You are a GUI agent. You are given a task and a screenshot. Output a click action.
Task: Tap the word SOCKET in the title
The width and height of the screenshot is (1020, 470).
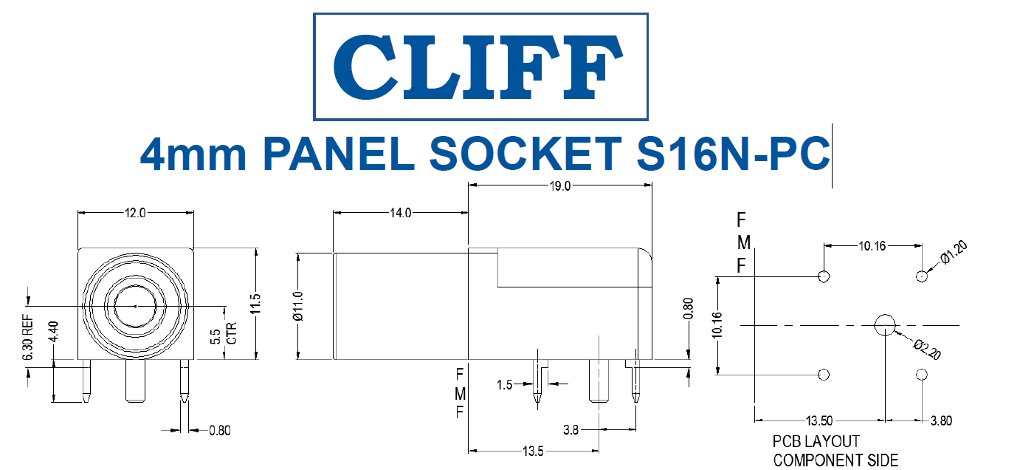tap(523, 154)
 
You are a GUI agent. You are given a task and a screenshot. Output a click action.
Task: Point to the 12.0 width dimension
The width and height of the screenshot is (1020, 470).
tap(136, 213)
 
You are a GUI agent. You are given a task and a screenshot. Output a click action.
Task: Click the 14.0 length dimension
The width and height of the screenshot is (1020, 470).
tap(400, 213)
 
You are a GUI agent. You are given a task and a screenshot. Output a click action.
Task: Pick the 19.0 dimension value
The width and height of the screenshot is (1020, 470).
tap(560, 186)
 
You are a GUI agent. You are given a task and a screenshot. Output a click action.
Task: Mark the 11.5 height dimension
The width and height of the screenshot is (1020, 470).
tap(255, 304)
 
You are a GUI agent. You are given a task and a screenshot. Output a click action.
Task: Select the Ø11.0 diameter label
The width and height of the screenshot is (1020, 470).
tap(299, 306)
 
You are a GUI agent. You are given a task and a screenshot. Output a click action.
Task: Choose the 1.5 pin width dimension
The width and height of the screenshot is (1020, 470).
tap(505, 384)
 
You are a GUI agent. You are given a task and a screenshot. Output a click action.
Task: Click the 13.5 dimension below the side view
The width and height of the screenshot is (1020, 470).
tap(534, 452)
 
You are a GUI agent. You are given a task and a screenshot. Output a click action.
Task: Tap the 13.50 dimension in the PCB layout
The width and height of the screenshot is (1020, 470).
tap(819, 421)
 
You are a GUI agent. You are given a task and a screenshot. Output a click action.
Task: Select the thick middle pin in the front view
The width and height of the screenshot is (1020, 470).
tap(135, 381)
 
